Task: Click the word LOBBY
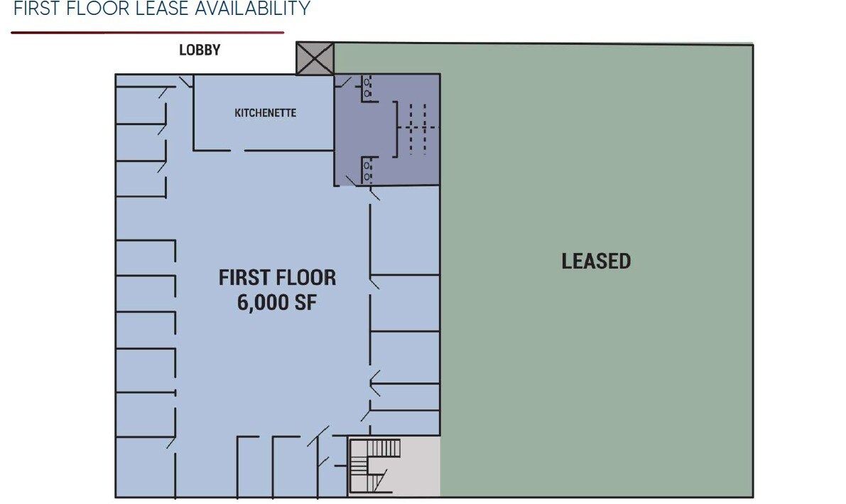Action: (200, 50)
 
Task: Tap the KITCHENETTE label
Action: (265, 113)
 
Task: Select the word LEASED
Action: (596, 262)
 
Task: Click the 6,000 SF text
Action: (277, 302)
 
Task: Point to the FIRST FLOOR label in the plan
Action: (277, 277)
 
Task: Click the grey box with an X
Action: (315, 58)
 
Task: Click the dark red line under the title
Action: (147, 33)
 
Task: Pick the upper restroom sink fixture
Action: (367, 88)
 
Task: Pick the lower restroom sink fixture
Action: (367, 170)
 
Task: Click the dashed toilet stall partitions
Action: (418, 129)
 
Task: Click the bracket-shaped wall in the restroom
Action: (395, 129)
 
